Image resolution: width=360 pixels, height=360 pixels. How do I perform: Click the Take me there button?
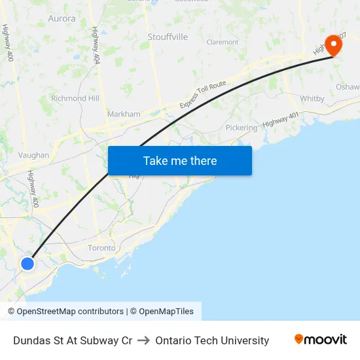(x=179, y=160)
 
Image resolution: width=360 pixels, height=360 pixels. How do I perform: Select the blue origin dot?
(x=27, y=264)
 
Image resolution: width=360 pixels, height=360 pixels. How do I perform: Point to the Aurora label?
(x=62, y=19)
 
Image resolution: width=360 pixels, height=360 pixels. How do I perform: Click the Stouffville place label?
(x=168, y=37)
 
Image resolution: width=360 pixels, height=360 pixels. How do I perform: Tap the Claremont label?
(x=223, y=42)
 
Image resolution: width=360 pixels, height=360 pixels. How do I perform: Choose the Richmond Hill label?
(x=75, y=98)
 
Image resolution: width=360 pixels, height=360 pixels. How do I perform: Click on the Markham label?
(x=124, y=114)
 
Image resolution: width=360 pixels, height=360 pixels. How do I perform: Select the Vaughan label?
(x=33, y=155)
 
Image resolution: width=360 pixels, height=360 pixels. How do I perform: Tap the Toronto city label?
(x=101, y=248)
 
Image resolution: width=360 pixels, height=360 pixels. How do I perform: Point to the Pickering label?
(x=242, y=128)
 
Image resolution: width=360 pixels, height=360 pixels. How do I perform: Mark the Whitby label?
(x=312, y=99)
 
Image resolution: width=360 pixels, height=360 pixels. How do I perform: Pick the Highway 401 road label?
(x=281, y=118)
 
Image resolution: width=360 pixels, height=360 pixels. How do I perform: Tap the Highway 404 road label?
(x=96, y=45)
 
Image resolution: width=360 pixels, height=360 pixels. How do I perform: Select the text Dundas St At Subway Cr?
(x=73, y=340)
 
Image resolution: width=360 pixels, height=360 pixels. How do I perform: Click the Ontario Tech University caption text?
(x=212, y=340)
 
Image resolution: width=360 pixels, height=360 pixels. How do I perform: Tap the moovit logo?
(x=321, y=339)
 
